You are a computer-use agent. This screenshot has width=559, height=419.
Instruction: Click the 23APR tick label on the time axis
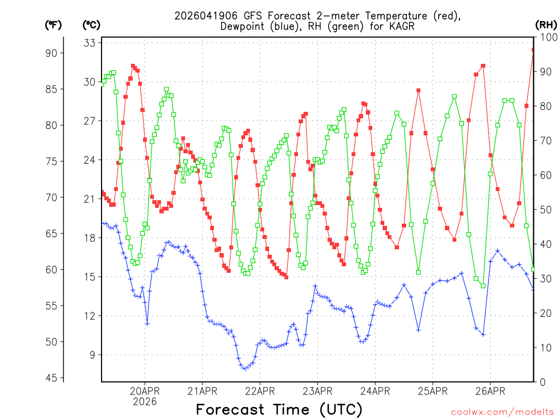[x=317, y=391]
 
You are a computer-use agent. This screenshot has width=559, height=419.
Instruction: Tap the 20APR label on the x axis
[x=145, y=391]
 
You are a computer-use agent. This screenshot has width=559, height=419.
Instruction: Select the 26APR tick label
[x=490, y=391]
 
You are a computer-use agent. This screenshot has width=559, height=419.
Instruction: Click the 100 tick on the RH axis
[x=546, y=37]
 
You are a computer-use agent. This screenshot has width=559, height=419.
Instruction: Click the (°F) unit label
[x=53, y=25]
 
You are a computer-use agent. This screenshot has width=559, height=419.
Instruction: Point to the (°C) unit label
[x=92, y=25]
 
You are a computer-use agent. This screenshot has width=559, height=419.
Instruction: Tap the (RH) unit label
[x=545, y=25]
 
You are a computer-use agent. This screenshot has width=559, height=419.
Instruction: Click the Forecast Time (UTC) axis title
[x=279, y=409]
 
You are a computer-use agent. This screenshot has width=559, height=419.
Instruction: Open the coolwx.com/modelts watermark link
[x=502, y=412]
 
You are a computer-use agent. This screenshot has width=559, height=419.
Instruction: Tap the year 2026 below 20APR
[x=145, y=402]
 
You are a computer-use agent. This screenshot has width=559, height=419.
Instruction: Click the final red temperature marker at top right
[x=533, y=50]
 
